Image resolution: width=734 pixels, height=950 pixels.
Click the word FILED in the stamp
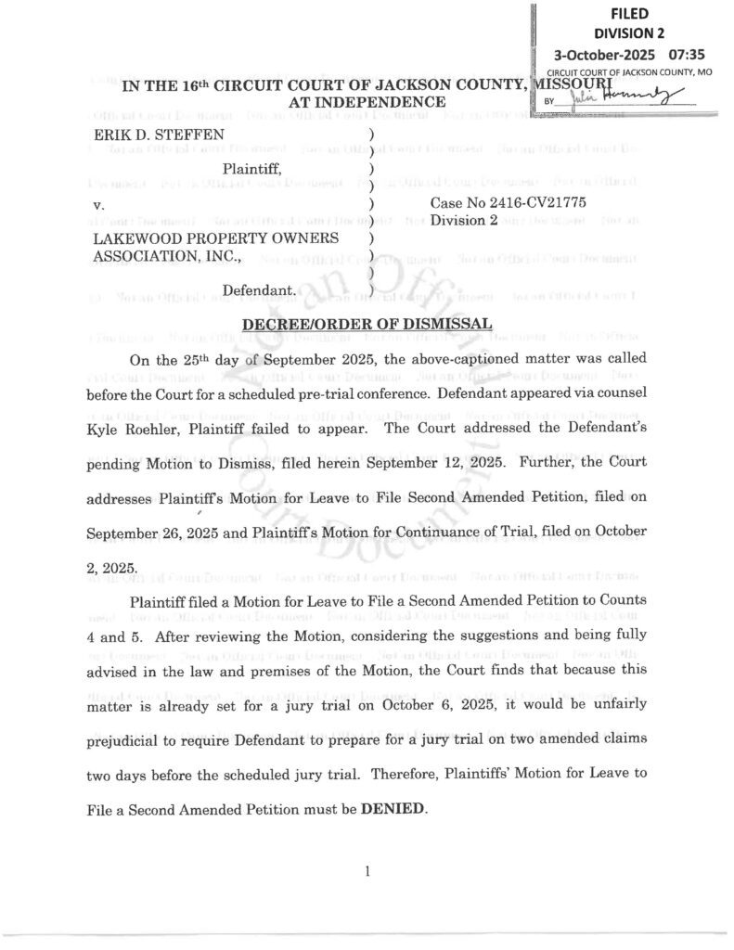[629, 13]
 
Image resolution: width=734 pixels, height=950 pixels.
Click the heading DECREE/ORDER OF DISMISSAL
[367, 325]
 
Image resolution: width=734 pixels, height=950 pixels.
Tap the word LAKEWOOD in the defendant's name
[133, 238]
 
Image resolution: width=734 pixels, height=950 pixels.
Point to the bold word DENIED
[393, 808]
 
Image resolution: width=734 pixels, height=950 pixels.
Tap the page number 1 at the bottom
[368, 871]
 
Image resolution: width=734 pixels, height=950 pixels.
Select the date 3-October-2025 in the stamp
[607, 54]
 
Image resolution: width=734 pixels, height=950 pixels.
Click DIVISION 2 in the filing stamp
[630, 32]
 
